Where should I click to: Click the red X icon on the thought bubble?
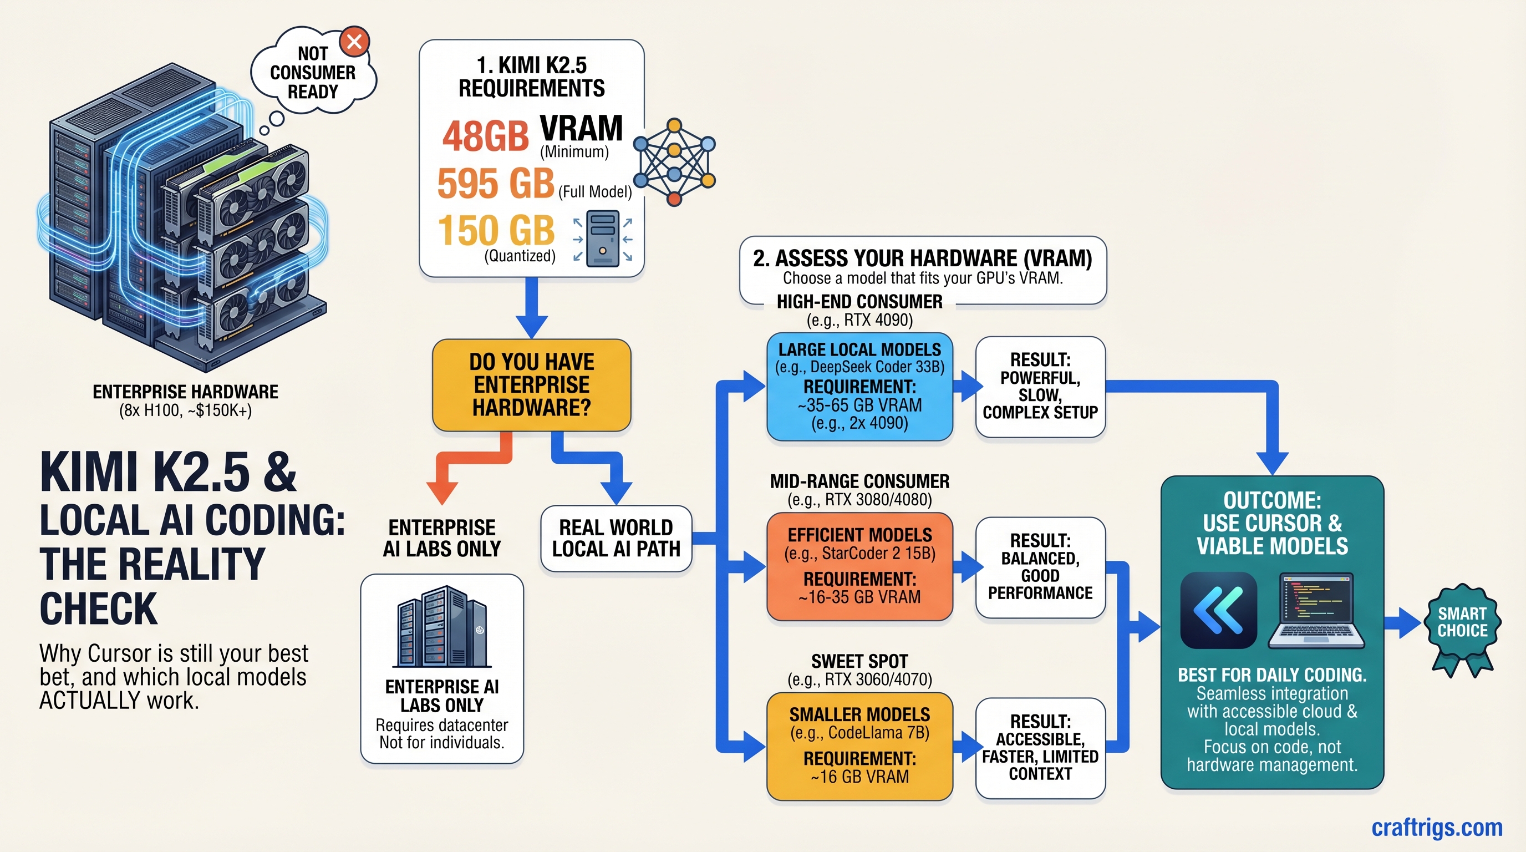pos(354,42)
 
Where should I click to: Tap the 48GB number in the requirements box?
pos(485,136)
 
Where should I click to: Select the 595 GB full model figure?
pos(496,183)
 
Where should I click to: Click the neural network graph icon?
pos(674,162)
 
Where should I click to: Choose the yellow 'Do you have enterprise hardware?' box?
pos(531,385)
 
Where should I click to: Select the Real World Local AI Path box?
pos(616,538)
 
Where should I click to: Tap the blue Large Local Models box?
pos(859,386)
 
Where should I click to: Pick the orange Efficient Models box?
pos(859,566)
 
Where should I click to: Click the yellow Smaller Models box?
pos(859,745)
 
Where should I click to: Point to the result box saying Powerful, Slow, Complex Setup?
pos(1040,386)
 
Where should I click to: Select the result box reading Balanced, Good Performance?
pos(1040,567)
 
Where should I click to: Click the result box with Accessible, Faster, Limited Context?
pos(1040,747)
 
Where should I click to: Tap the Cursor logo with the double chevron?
pos(1219,610)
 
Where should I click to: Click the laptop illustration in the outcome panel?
pos(1316,610)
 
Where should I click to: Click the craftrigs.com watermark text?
pos(1437,827)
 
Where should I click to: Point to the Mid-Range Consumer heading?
pos(859,481)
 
